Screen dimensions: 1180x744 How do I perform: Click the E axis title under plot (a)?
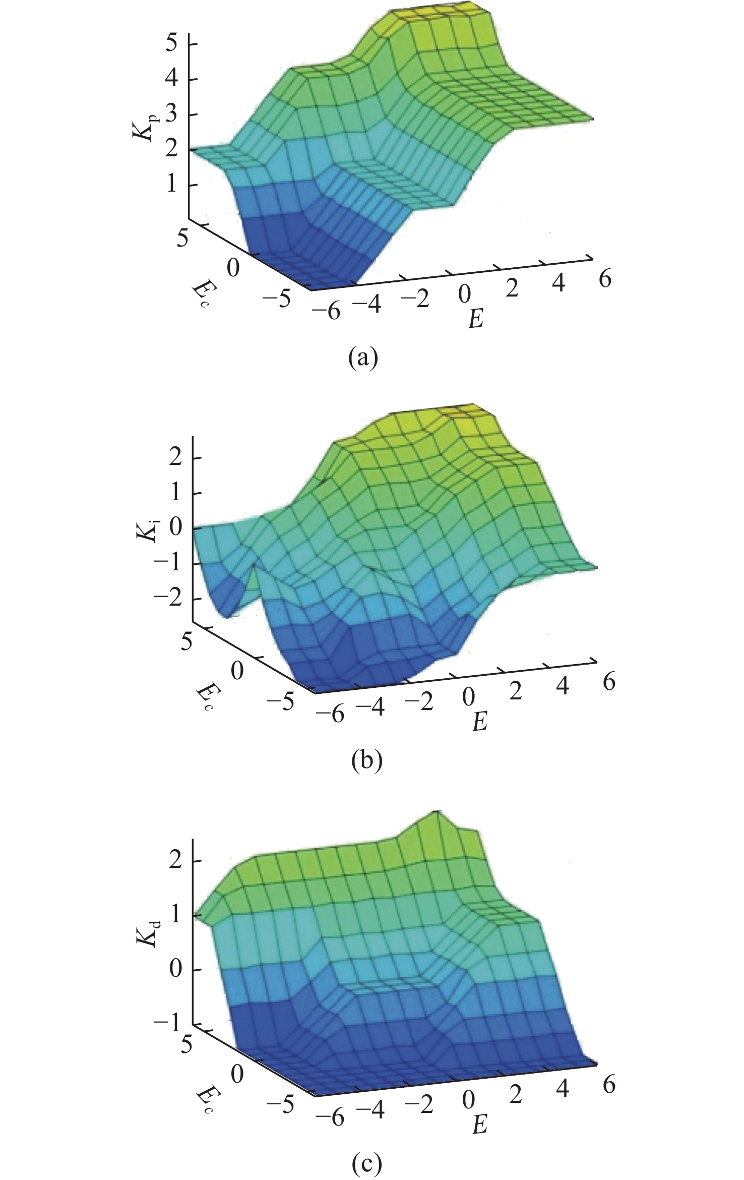pos(475,320)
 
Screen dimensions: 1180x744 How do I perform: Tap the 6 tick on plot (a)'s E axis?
pos(604,278)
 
